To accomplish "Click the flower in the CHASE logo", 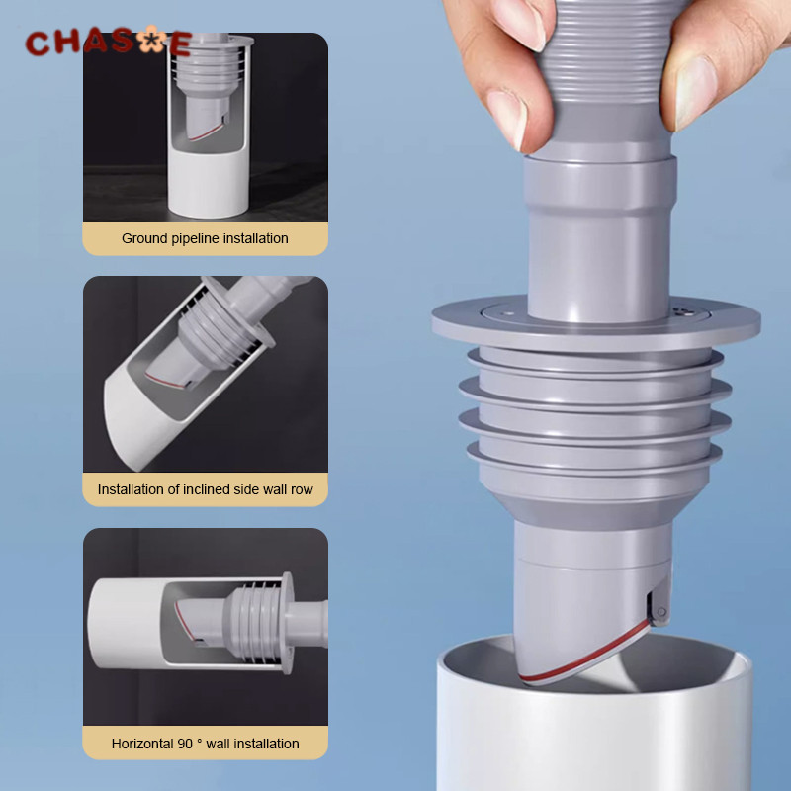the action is [x=151, y=40].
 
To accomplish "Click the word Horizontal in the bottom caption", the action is [x=142, y=744].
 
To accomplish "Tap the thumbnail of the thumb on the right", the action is [x=695, y=93].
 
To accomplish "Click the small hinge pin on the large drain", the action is [x=661, y=612].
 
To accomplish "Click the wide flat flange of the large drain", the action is [x=596, y=324].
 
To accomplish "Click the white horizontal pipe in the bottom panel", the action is [x=127, y=624].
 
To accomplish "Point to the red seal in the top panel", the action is [x=207, y=132].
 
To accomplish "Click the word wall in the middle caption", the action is [x=275, y=489].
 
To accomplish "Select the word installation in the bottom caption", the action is [x=266, y=744].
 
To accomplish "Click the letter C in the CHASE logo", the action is [x=37, y=43].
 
